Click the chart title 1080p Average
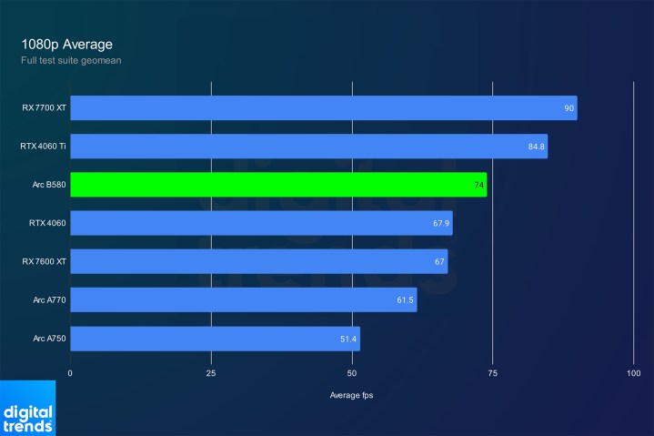[67, 44]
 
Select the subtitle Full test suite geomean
[72, 61]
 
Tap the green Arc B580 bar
[277, 185]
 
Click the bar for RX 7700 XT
[323, 108]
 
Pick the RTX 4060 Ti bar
[308, 147]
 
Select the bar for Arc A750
[215, 339]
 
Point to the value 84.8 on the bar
[536, 147]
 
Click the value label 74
[478, 185]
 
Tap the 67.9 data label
[440, 223]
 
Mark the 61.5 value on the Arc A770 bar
[405, 299]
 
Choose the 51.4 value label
[348, 339]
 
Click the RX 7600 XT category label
[44, 261]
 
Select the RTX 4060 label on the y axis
[47, 223]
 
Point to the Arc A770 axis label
[48, 299]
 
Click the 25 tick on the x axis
[211, 373]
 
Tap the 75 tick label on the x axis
[492, 373]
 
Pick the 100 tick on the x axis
[633, 373]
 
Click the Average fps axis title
[351, 395]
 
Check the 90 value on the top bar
[568, 108]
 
